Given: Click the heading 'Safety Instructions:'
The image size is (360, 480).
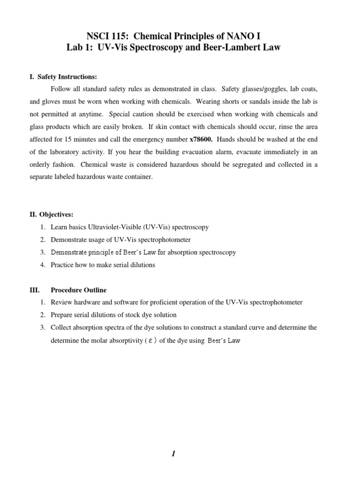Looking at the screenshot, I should pyautogui.click(x=67, y=76).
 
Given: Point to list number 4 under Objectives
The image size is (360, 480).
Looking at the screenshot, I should pyautogui.click(x=42, y=265).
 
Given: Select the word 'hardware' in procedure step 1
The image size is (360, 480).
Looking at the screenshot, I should pyautogui.click(x=88, y=302).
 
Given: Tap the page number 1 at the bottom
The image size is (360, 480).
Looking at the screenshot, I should pyautogui.click(x=173, y=453).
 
